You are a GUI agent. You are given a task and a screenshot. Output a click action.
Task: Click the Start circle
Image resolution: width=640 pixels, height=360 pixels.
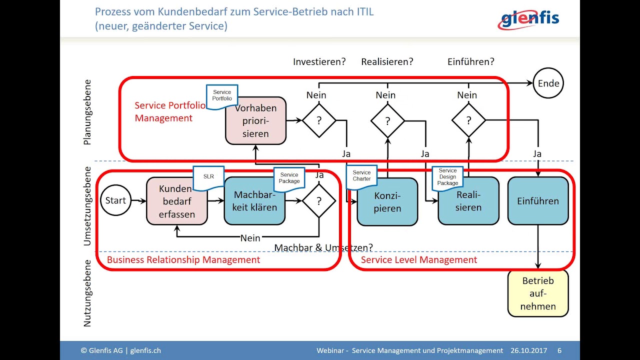[115, 200]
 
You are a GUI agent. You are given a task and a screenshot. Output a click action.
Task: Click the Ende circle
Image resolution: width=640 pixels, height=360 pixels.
[548, 83]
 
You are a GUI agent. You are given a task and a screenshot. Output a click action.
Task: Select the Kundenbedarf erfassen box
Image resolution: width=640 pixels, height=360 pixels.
[176, 201]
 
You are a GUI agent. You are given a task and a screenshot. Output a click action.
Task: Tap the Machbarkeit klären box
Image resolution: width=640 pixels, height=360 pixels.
[255, 201]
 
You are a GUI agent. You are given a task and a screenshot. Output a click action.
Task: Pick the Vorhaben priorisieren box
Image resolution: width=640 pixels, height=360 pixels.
[255, 121]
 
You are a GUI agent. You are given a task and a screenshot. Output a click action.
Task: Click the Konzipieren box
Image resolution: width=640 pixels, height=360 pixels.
[387, 202]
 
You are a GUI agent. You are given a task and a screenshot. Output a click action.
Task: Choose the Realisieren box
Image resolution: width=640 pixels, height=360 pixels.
[468, 201]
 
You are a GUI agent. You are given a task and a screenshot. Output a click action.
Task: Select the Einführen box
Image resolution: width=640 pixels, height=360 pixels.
[538, 201]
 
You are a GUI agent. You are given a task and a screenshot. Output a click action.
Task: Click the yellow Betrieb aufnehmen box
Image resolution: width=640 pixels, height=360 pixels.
[538, 293]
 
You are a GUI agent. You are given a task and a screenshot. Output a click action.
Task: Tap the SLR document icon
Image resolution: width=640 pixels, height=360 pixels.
[208, 177]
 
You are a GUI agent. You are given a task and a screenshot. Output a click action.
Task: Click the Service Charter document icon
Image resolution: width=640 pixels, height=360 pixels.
[361, 176]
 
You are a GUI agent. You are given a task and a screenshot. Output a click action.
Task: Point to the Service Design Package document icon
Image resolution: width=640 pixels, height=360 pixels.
[447, 177]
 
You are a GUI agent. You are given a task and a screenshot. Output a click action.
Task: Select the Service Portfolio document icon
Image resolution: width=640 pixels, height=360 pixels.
[222, 96]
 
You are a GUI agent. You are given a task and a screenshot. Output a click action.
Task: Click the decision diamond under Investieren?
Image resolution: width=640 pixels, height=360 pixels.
[319, 120]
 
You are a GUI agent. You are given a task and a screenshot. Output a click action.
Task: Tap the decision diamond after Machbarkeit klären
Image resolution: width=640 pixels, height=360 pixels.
[319, 201]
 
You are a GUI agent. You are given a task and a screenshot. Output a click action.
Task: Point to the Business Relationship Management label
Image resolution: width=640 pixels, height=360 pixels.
[183, 260]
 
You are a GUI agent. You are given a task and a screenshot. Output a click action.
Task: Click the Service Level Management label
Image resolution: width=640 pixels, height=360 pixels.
[419, 260]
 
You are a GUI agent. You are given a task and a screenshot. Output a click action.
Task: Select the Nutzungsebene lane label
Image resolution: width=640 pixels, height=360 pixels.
[87, 293]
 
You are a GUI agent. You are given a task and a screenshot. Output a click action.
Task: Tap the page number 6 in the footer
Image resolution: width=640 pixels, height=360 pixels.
[559, 350]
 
